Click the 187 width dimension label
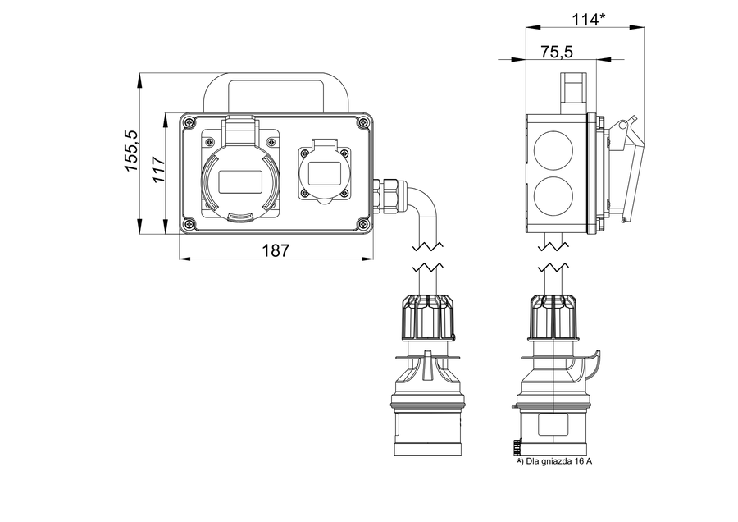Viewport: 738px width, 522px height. pos(276,250)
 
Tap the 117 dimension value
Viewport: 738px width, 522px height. pos(159,169)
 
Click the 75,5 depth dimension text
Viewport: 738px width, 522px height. pos(557,52)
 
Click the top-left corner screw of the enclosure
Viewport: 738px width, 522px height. pos(189,123)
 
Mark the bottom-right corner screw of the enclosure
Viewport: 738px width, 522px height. pos(362,222)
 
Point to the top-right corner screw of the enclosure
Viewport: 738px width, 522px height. pos(362,123)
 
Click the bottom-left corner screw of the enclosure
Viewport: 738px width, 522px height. pos(189,222)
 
